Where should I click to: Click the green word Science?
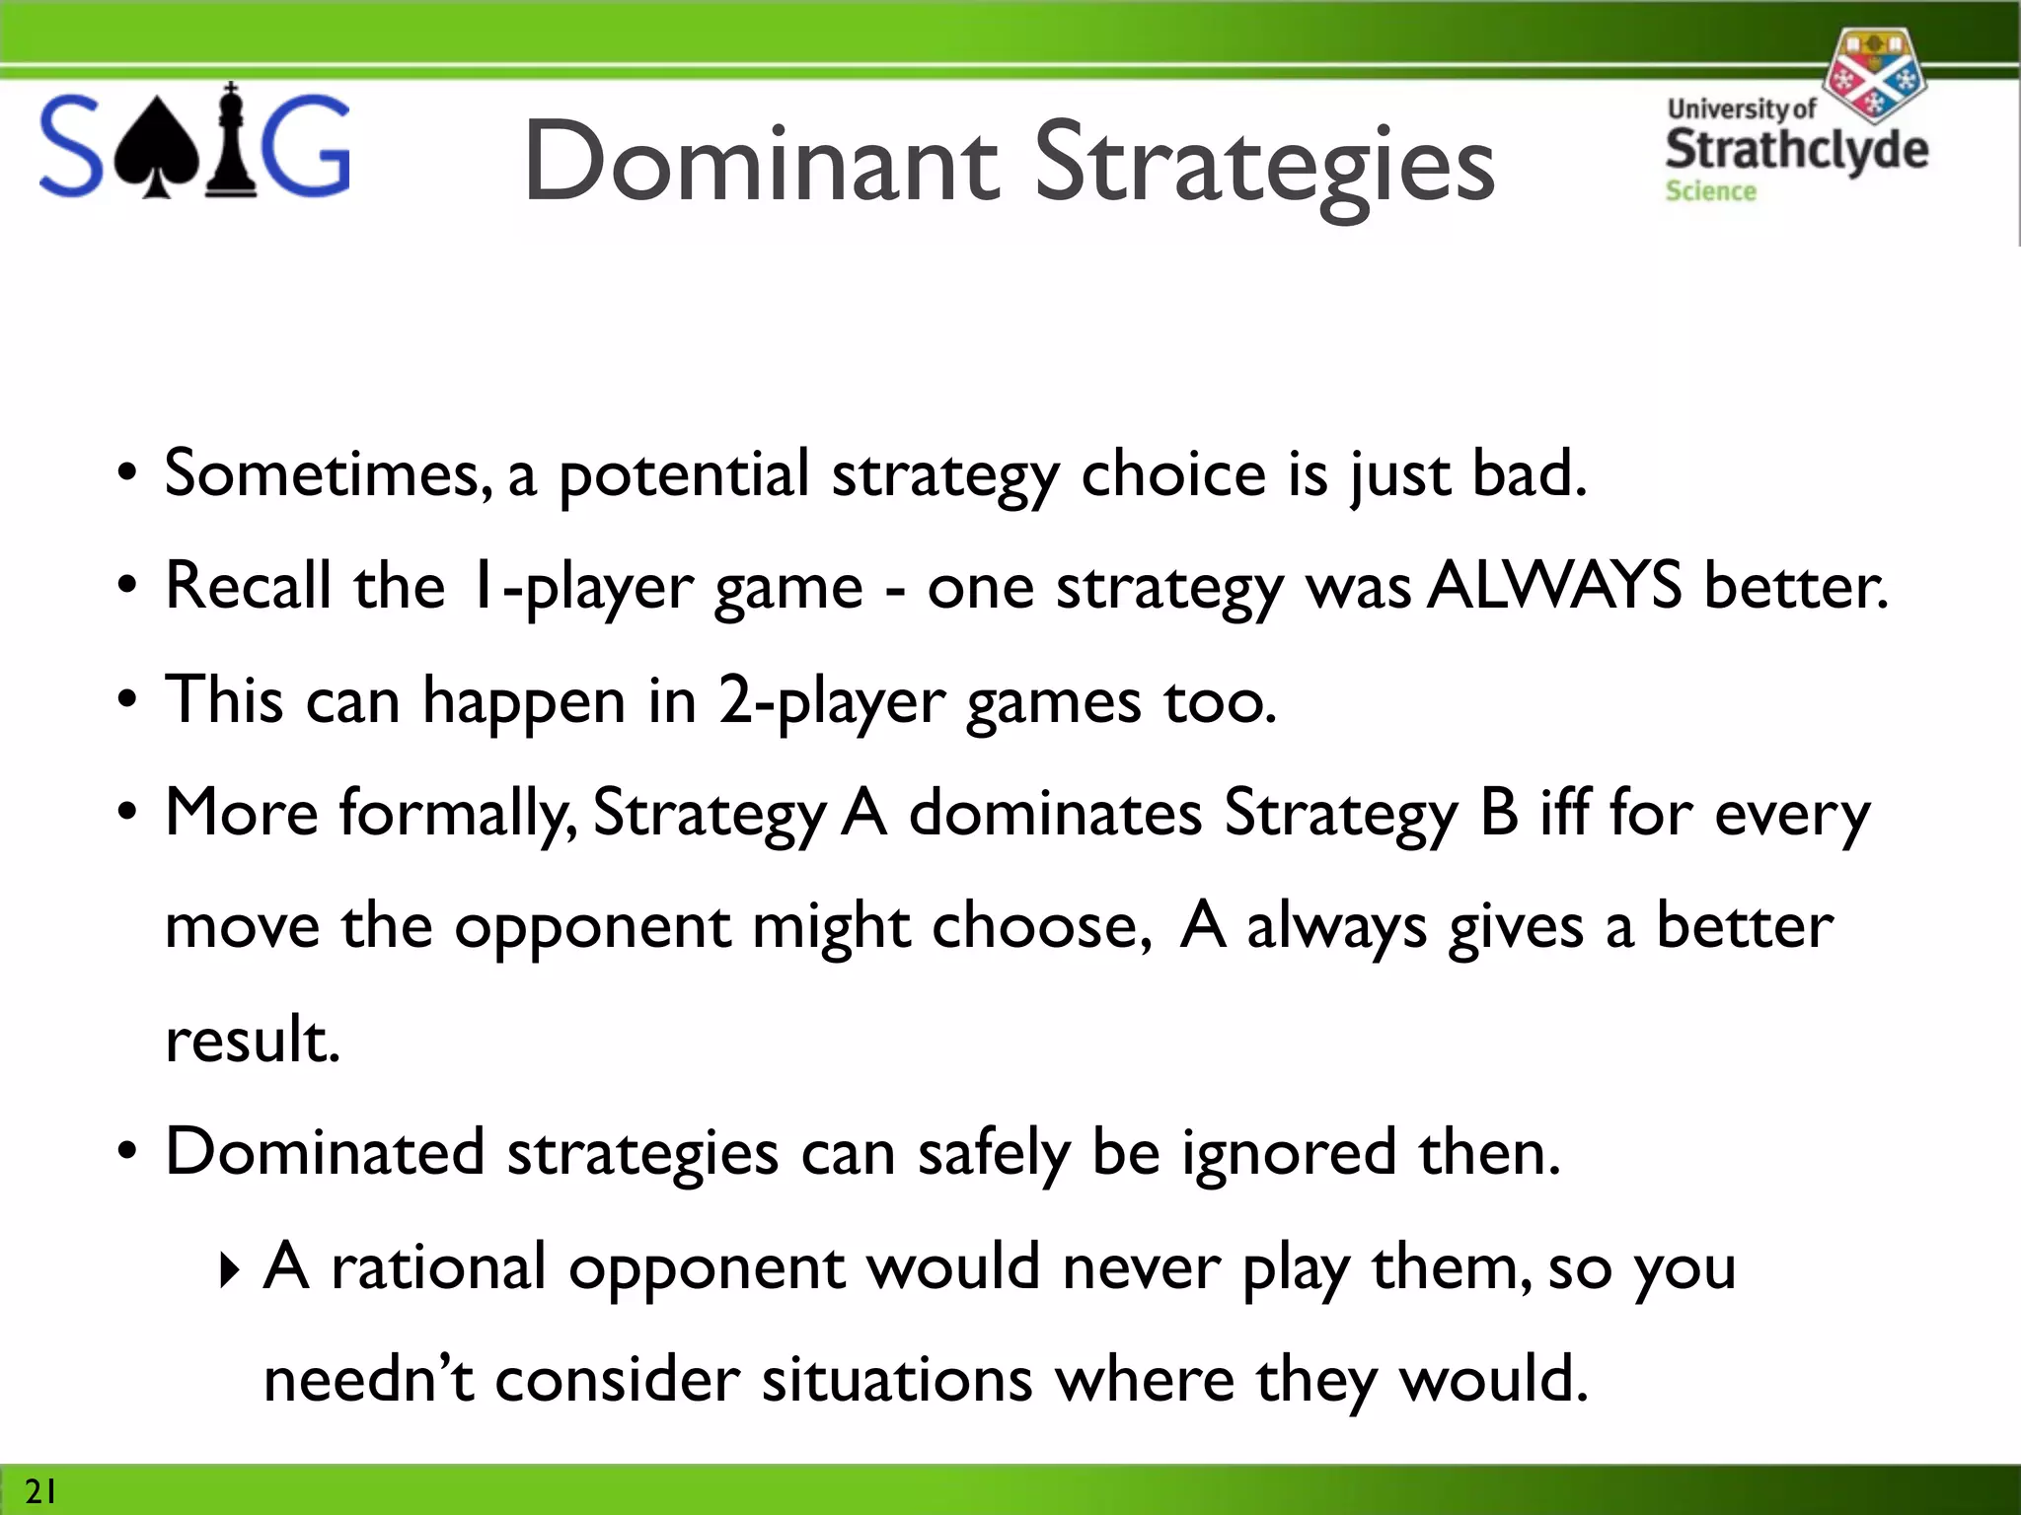click(1710, 191)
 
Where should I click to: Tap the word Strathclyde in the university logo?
click(1796, 149)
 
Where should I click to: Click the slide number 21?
click(40, 1490)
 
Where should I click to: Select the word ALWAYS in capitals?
click(1554, 586)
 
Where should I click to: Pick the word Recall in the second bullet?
click(248, 586)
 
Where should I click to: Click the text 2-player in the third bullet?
click(831, 702)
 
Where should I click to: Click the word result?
click(253, 1040)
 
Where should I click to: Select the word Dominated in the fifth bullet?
click(325, 1152)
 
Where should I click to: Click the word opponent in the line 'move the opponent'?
click(592, 928)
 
